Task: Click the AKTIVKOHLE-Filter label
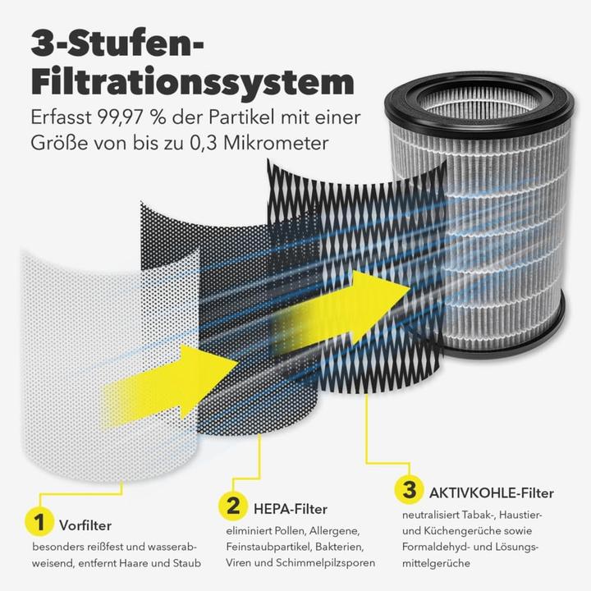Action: [x=491, y=493]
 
